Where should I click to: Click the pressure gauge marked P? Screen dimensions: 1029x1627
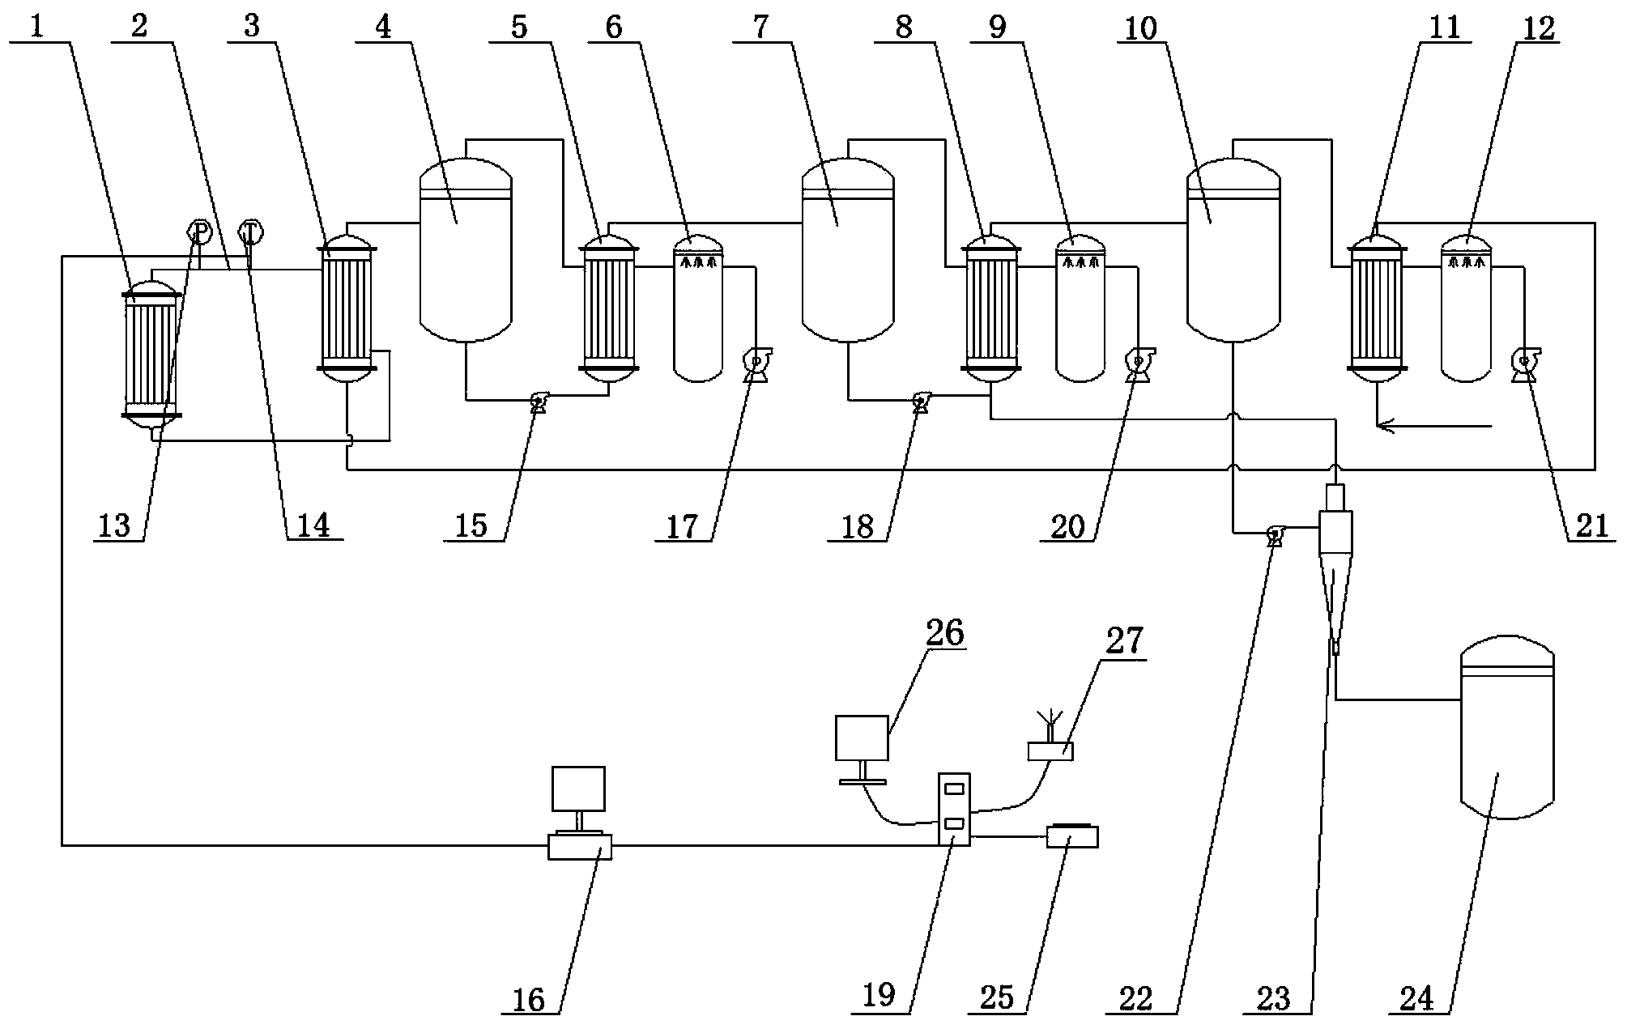tap(199, 232)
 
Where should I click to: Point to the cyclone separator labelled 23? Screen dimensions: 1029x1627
tap(1334, 567)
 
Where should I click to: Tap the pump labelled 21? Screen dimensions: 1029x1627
tap(1526, 364)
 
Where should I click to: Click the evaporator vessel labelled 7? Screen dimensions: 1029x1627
tap(847, 250)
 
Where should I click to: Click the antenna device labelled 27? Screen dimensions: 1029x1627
tap(1050, 746)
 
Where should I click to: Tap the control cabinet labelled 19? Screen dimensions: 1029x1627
tap(954, 809)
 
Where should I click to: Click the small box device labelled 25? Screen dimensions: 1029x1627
tap(1072, 836)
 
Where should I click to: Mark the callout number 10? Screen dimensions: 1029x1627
tap(1142, 29)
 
